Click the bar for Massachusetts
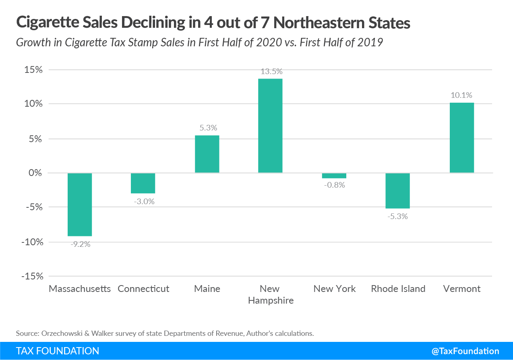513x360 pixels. point(80,205)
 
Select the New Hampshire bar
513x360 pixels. point(270,126)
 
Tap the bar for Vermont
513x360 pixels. point(462,138)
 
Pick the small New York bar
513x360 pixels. point(334,176)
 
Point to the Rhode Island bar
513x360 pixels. point(398,191)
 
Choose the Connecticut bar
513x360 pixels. point(143,183)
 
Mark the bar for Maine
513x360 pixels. point(207,154)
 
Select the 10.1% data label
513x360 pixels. point(461,95)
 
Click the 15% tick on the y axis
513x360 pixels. point(33,70)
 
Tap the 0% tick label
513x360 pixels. point(36,173)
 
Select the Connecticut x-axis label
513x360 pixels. point(143,289)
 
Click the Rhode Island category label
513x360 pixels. point(398,289)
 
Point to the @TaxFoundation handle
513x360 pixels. point(465,351)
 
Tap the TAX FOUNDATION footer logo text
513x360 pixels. point(58,351)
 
